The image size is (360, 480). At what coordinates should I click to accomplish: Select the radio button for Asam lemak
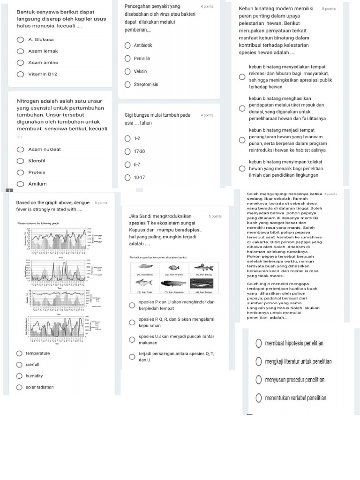pos(20,51)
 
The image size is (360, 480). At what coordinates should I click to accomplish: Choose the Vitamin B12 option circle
pos(20,74)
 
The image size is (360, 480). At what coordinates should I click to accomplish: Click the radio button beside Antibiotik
pos(127,45)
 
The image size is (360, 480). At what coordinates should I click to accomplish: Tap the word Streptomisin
pos(146,85)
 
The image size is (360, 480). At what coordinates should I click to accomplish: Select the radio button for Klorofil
pos(20,161)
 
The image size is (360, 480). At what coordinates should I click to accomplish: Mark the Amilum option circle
pos(20,184)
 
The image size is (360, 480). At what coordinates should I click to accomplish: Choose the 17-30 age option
pos(127,152)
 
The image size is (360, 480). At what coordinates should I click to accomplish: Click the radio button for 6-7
pos(127,165)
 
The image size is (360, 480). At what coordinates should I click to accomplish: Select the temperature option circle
pos(19,353)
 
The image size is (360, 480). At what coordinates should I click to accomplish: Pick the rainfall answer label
pos(33,365)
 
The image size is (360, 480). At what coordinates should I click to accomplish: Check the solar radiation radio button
pos(19,388)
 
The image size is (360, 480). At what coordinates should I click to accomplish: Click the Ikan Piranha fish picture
pos(174,268)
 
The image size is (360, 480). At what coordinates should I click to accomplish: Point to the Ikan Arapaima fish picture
pos(174,283)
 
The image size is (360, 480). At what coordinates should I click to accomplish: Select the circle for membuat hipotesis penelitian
pos(259,344)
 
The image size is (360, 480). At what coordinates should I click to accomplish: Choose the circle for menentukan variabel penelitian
pos(259,398)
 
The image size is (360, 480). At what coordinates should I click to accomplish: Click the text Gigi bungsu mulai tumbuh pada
pos(157,115)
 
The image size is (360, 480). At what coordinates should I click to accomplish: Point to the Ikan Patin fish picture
pos(143,283)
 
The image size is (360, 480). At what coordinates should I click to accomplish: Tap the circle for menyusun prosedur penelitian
pos(259,380)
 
